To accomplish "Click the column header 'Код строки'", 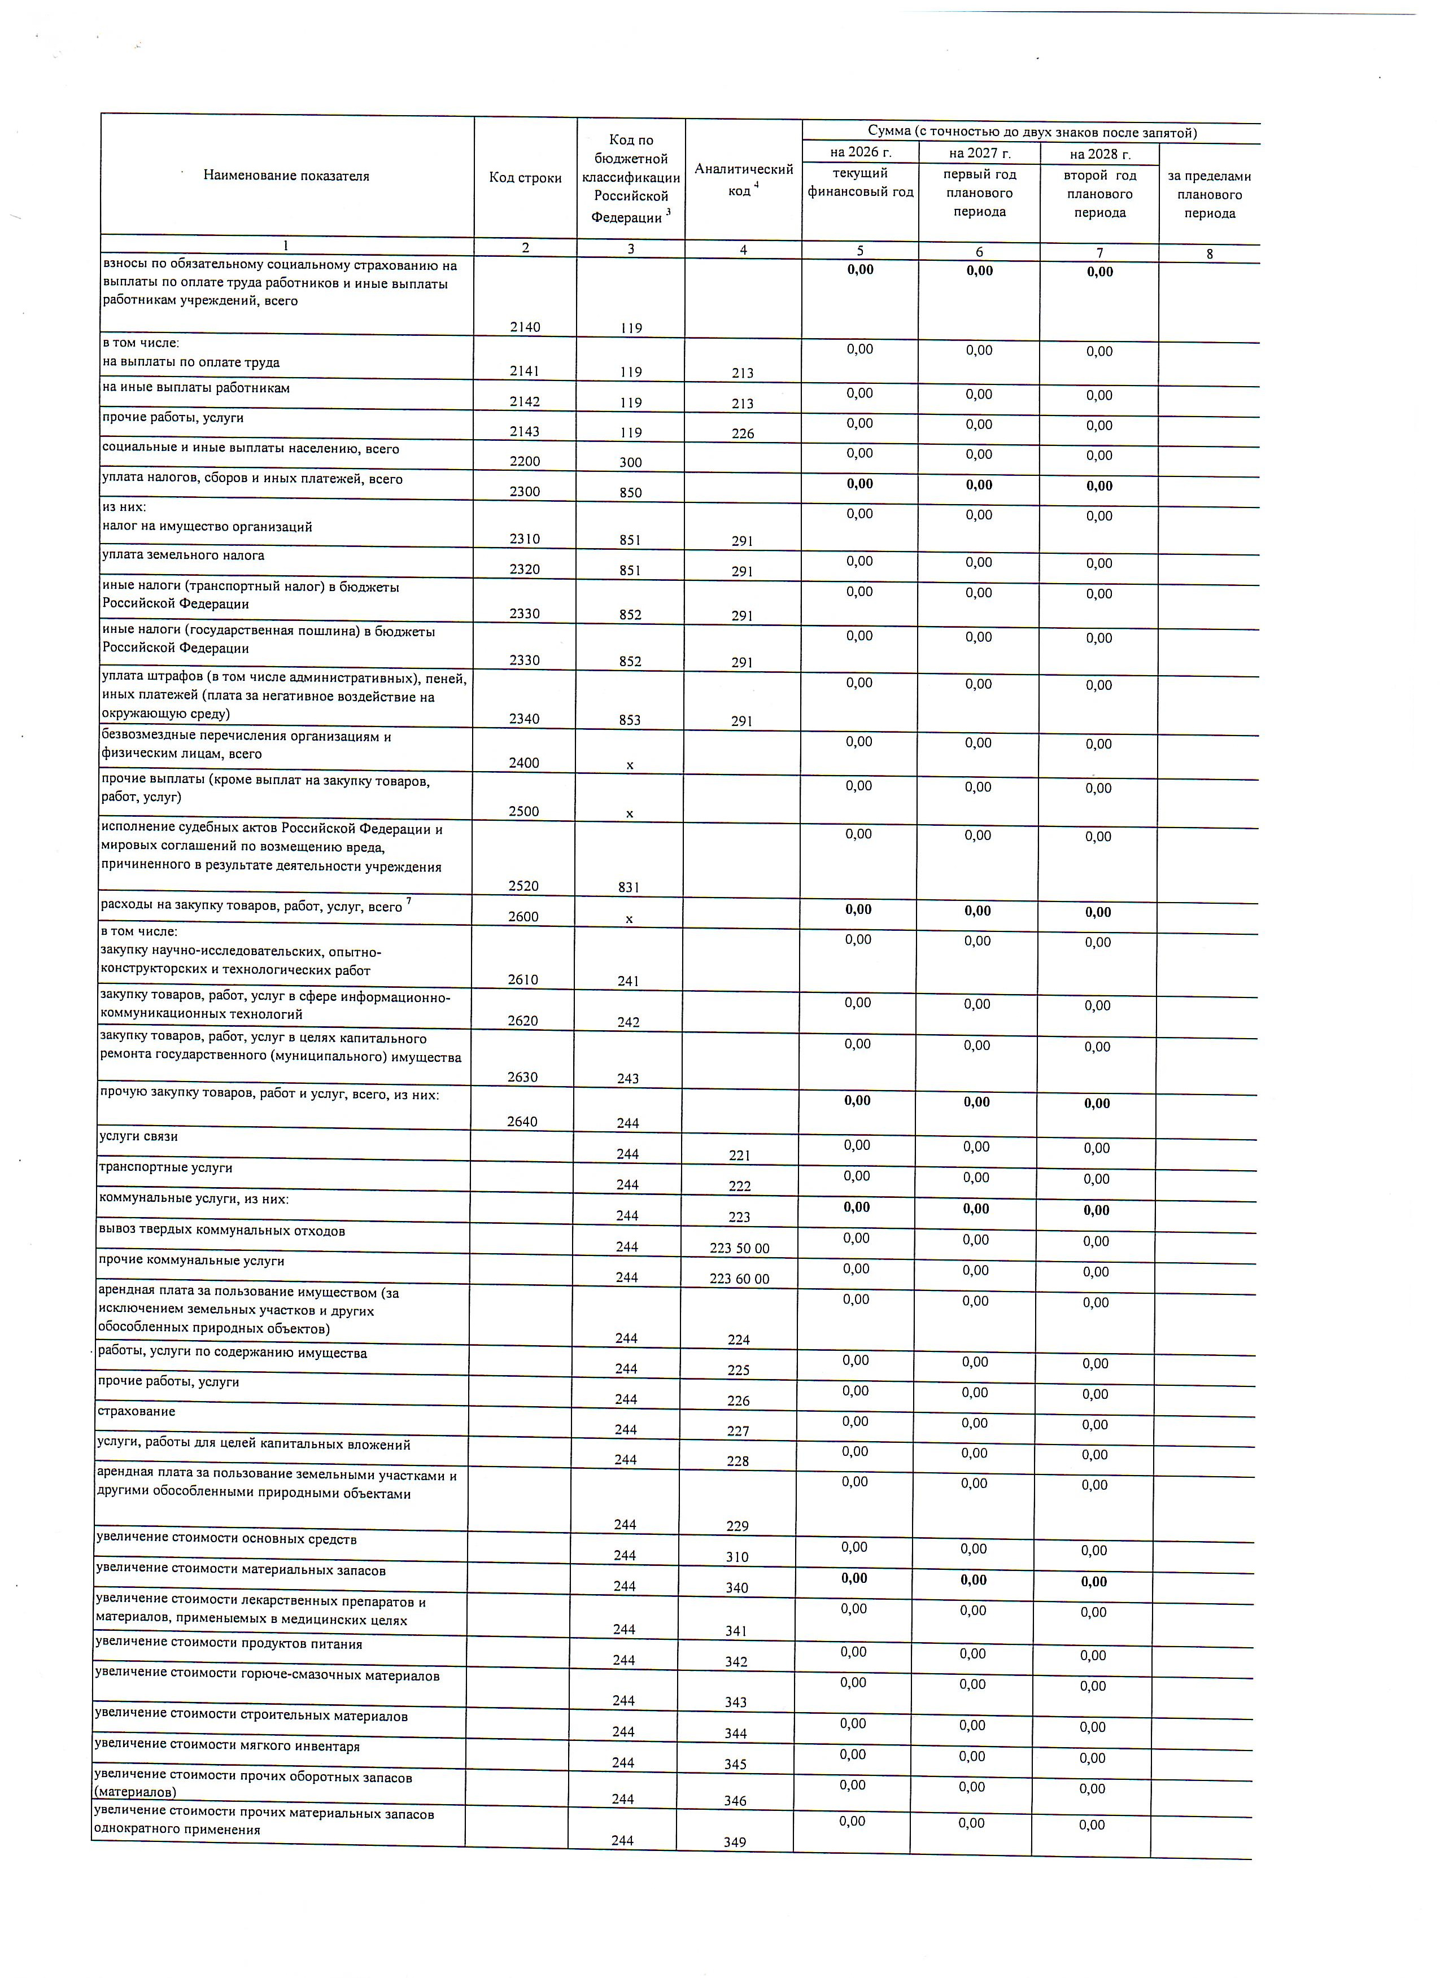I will (x=525, y=178).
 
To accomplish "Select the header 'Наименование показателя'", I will (x=286, y=176).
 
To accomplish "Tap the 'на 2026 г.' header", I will (x=860, y=152).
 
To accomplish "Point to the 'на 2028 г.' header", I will (x=1100, y=154).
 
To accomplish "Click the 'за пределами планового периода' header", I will (x=1209, y=195).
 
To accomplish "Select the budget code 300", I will (x=631, y=462).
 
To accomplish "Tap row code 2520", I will (x=523, y=886).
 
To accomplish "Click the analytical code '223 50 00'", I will (x=740, y=1248).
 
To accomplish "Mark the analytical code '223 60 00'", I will (x=740, y=1279).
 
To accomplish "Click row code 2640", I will (x=522, y=1122).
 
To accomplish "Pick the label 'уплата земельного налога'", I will (x=183, y=555).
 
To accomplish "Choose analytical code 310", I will (x=737, y=1557).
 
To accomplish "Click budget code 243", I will (x=628, y=1078).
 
